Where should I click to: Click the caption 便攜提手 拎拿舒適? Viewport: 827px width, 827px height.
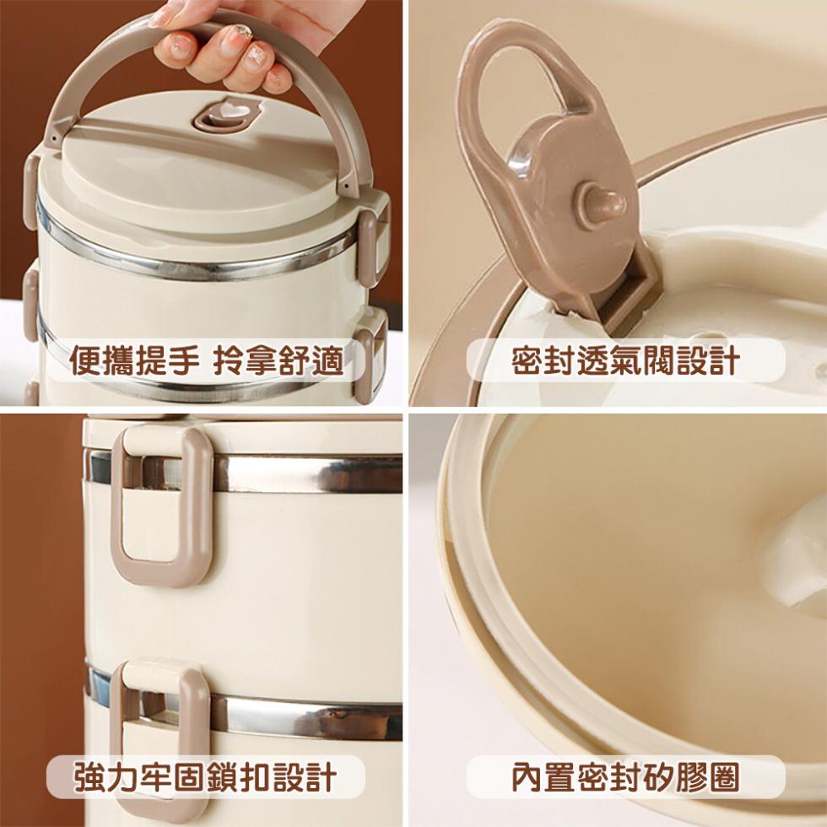(x=207, y=361)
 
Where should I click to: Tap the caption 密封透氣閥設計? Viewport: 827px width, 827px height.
(x=625, y=361)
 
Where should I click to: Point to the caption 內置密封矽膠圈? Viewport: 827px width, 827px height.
(x=625, y=777)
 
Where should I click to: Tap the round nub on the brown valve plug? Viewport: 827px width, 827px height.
(x=601, y=203)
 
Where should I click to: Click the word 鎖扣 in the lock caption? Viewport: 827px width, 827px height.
(x=239, y=777)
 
